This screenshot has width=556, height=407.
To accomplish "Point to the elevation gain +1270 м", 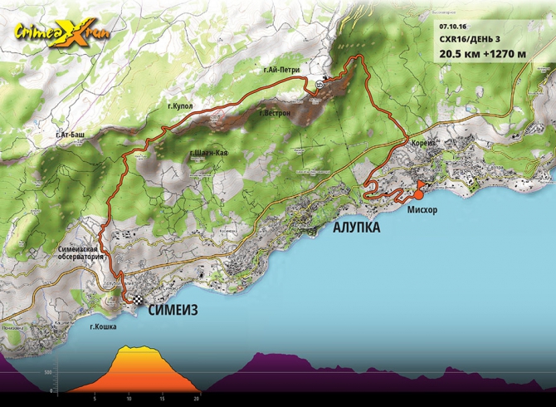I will (x=506, y=55).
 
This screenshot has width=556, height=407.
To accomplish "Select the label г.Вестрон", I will (x=274, y=112).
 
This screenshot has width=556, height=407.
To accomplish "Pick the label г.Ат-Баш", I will (x=71, y=134).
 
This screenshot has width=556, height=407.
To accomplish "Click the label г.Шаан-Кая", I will (x=209, y=154).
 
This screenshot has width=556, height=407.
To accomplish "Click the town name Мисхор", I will (x=422, y=210).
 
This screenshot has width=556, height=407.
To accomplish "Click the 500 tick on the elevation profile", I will (x=47, y=372).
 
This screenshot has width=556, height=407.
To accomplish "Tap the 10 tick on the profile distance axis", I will (x=128, y=398).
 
